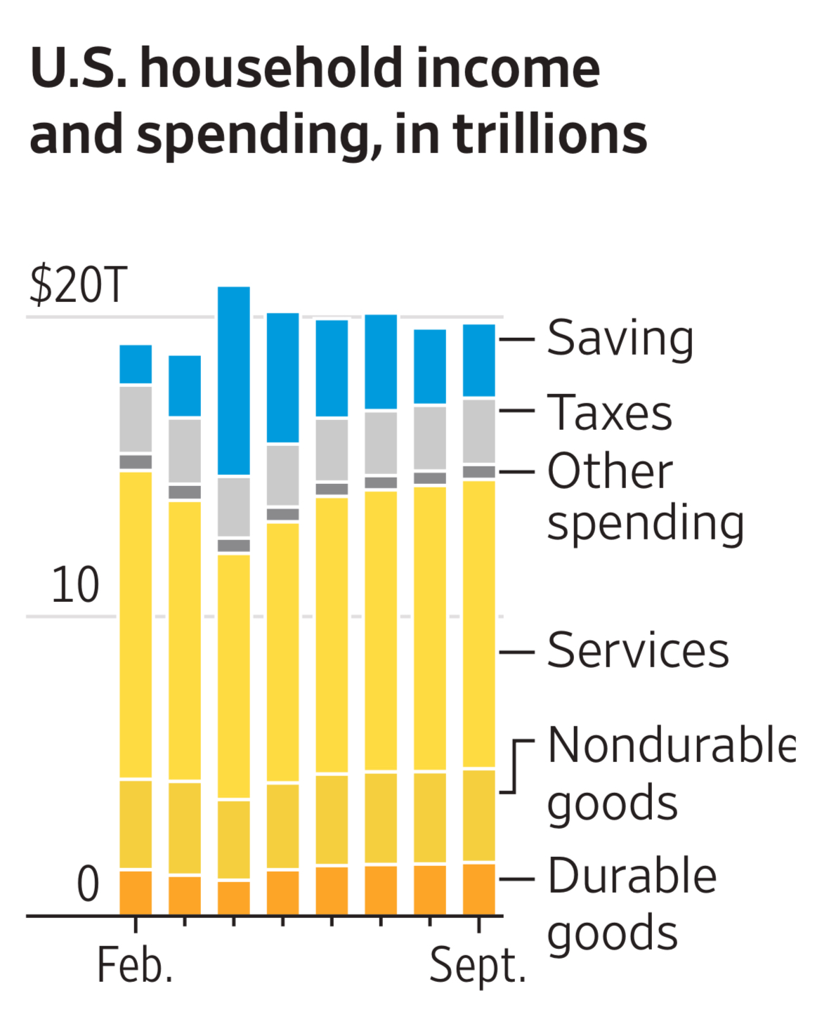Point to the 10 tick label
[x=75, y=585]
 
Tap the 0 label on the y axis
[x=88, y=884]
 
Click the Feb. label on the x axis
[x=135, y=966]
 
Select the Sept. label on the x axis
[x=478, y=966]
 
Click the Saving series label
[x=620, y=339]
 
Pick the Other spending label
[x=645, y=497]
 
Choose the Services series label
[x=637, y=650]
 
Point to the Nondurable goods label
[x=671, y=773]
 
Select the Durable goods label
[x=632, y=904]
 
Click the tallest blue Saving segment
[x=234, y=381]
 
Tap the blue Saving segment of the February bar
[x=136, y=364]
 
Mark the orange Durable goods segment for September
[x=479, y=889]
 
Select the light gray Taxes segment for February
[x=136, y=419]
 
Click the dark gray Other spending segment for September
[x=479, y=472]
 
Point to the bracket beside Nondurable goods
[x=516, y=766]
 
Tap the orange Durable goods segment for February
[x=136, y=893]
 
